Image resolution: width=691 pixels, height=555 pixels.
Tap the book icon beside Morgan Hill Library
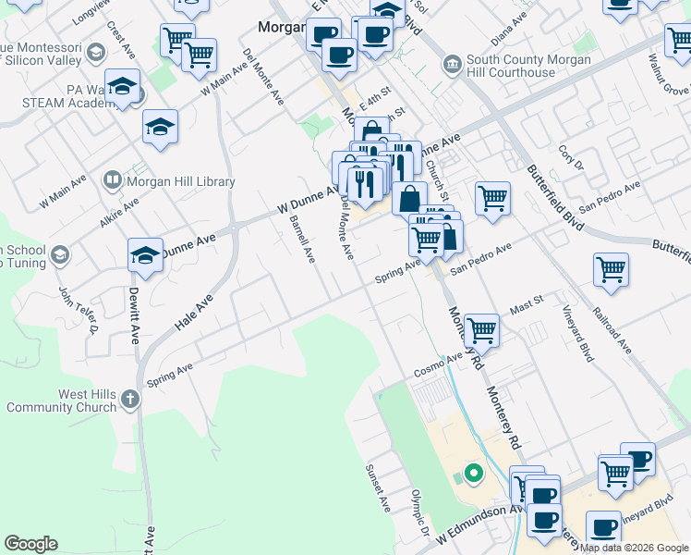pos(112,180)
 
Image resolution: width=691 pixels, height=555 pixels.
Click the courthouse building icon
pos(452,64)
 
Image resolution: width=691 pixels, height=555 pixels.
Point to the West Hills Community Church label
pos(61,401)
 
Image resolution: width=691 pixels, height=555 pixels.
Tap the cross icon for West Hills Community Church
pos(130,400)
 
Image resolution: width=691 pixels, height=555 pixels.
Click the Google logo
pos(30,543)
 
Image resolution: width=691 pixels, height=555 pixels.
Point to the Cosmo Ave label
pos(437,364)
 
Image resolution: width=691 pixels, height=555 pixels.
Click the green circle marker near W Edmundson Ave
pos(474,475)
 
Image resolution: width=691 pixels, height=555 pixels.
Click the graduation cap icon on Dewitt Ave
pos(145,256)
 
